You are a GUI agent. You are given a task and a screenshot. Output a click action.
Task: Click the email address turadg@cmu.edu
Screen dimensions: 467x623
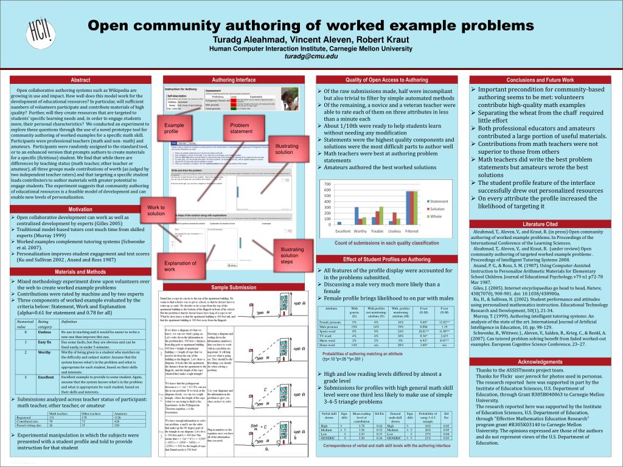click(310, 57)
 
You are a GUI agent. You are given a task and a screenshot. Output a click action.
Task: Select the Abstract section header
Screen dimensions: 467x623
click(80, 80)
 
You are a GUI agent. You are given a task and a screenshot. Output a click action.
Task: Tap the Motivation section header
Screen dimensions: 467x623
click(80, 209)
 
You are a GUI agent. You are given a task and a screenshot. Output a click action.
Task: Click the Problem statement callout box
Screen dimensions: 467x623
click(242, 128)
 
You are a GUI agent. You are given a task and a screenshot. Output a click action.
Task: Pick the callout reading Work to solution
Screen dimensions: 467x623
click(156, 210)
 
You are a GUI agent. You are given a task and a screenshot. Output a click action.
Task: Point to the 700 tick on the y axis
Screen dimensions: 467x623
click(326, 184)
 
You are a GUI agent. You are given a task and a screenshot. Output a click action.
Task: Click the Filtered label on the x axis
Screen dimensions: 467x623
click(411, 231)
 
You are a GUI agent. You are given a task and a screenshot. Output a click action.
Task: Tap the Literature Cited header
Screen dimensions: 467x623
click(540, 224)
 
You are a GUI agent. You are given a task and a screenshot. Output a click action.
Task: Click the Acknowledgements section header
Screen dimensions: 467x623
click(540, 362)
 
